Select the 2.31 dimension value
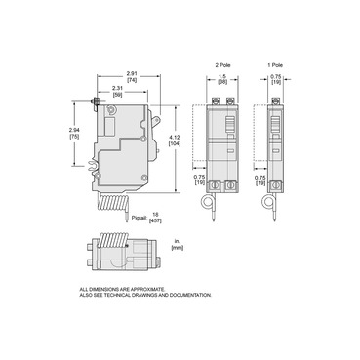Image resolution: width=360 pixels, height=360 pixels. (118, 89)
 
